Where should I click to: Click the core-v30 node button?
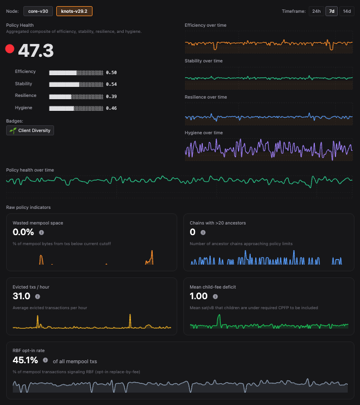click(38, 11)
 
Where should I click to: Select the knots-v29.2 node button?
click(75, 11)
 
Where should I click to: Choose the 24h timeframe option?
click(316, 11)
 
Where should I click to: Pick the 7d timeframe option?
click(332, 11)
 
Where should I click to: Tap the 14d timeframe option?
click(347, 11)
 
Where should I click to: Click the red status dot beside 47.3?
click(9, 49)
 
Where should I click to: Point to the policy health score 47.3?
click(36, 51)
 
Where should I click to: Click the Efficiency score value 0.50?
click(111, 72)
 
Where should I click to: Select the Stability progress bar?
click(76, 84)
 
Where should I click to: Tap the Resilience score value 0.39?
click(111, 96)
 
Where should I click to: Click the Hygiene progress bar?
click(76, 108)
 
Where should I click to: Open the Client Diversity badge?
click(30, 130)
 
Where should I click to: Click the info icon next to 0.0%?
click(41, 232)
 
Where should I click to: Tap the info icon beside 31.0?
click(37, 296)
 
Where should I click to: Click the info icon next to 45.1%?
click(45, 360)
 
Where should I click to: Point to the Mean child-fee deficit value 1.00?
click(199, 296)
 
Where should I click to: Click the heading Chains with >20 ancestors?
click(217, 223)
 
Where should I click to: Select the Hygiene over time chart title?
click(203, 133)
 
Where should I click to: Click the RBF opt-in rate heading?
click(28, 350)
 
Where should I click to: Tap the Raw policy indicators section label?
click(28, 207)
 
